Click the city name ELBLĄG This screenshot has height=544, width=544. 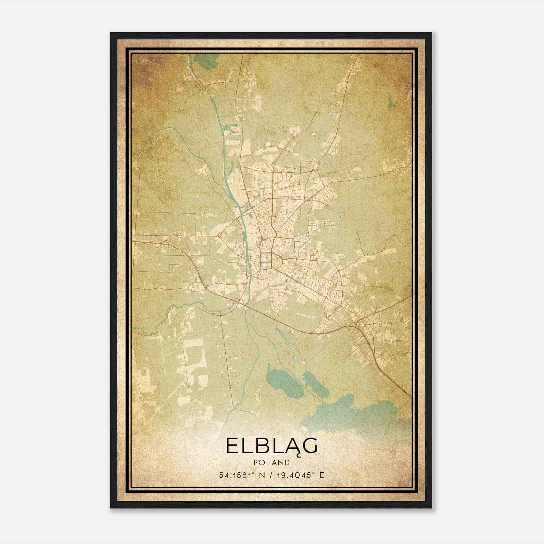[272, 446]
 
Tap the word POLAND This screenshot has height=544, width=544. [272, 463]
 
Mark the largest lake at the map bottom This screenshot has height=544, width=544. [354, 413]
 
